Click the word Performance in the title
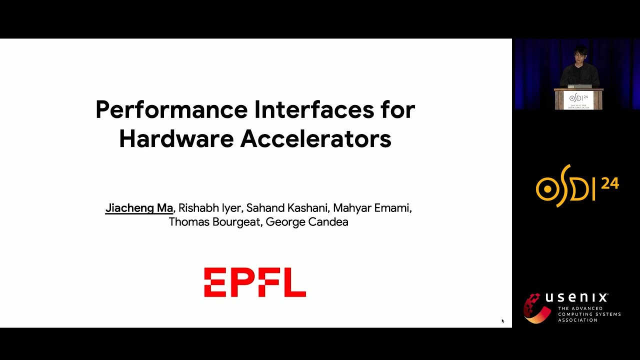[171, 110]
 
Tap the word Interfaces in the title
[314, 110]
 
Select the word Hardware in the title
[176, 139]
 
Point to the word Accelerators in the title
[315, 139]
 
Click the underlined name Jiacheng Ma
[139, 208]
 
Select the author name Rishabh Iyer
[210, 208]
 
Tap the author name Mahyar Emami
[371, 208]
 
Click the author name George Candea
[306, 222]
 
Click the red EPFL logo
[255, 282]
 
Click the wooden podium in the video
[578, 99]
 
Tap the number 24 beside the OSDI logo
[610, 183]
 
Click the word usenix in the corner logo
[576, 298]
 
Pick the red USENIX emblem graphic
[536, 308]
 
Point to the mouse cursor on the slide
[502, 321]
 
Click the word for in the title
[398, 110]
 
